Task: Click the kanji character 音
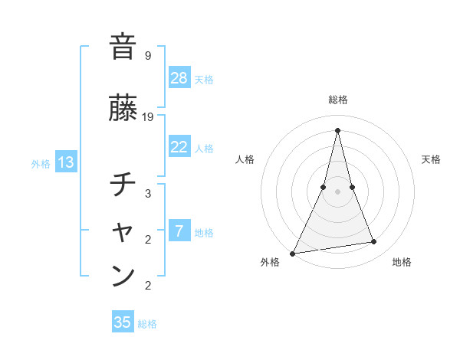[x=123, y=47]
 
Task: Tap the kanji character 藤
[x=123, y=108]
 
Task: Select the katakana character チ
[x=123, y=185]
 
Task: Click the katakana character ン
[x=123, y=275]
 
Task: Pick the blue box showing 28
[x=179, y=78]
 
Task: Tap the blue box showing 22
[x=179, y=147]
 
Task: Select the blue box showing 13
[x=65, y=162]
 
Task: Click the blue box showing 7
[x=179, y=231]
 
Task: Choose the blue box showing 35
[x=123, y=322]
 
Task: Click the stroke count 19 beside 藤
[x=148, y=117]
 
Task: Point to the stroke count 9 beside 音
[x=148, y=56]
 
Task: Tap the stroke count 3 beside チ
[x=148, y=194]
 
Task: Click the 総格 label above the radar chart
[x=337, y=100]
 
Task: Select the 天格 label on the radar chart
[x=431, y=159]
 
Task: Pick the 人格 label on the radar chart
[x=245, y=159]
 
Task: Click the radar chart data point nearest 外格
[x=293, y=253]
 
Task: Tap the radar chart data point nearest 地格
[x=374, y=242]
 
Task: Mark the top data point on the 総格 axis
[x=337, y=130]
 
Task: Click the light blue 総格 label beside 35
[x=147, y=324]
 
